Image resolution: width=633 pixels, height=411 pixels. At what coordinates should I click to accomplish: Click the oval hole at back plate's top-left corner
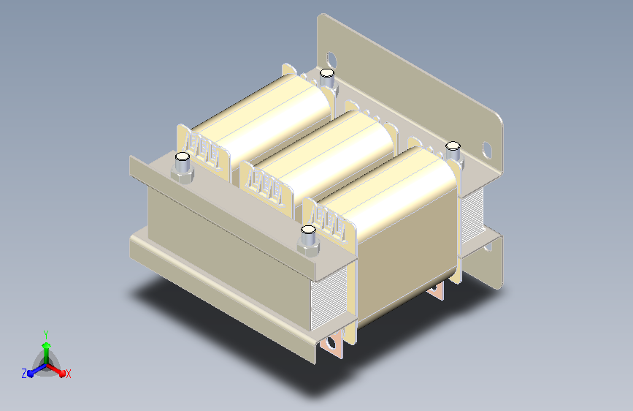click(x=332, y=58)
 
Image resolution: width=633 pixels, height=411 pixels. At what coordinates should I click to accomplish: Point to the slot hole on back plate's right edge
click(x=487, y=150)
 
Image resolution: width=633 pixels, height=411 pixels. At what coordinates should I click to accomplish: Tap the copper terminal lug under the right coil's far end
click(x=437, y=291)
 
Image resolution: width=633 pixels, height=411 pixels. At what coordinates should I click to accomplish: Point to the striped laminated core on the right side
click(x=472, y=216)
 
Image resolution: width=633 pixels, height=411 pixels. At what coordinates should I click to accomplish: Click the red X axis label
click(x=69, y=374)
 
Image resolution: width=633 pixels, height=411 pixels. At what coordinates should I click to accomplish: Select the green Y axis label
click(x=46, y=333)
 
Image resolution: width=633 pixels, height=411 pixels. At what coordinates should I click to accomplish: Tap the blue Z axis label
click(x=24, y=374)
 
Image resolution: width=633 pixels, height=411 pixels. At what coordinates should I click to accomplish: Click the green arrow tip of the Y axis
click(x=46, y=342)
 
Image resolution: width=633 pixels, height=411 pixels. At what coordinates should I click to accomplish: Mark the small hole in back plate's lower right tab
click(x=488, y=249)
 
